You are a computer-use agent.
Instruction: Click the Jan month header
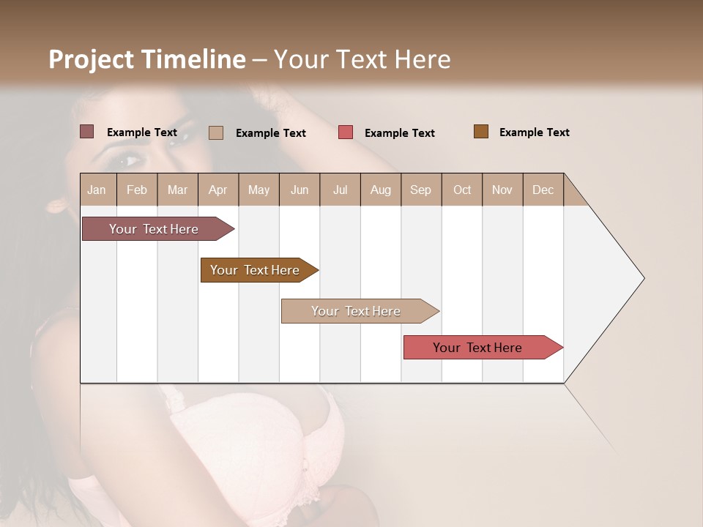pyautogui.click(x=97, y=190)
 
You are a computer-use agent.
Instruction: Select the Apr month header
pyautogui.click(x=218, y=190)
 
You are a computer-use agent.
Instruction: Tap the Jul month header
pyautogui.click(x=341, y=190)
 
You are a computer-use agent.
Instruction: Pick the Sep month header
pyautogui.click(x=420, y=190)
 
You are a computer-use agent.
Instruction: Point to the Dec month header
pyautogui.click(x=543, y=190)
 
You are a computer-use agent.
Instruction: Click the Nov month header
pyautogui.click(x=502, y=190)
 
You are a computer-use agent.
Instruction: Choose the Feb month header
pyautogui.click(x=137, y=190)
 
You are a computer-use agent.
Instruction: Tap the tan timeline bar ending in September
pyautogui.click(x=357, y=311)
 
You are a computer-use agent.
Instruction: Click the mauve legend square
pyautogui.click(x=87, y=132)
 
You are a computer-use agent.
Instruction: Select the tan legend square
pyautogui.click(x=216, y=132)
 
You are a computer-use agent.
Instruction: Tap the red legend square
pyautogui.click(x=346, y=132)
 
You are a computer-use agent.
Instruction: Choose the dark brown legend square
pyautogui.click(x=481, y=132)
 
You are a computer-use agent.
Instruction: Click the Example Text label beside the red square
pyautogui.click(x=399, y=132)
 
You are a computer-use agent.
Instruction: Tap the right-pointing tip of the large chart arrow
pyautogui.click(x=642, y=278)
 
